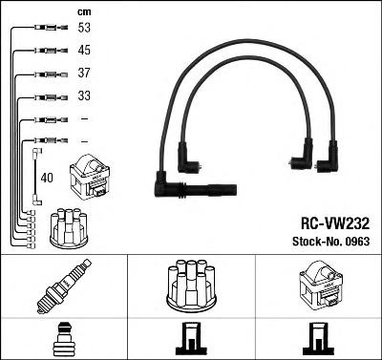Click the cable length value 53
click(x=84, y=28)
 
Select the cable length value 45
click(x=84, y=50)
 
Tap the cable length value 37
click(x=84, y=73)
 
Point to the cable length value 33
click(x=84, y=95)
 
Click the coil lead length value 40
click(x=47, y=178)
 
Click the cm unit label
click(x=84, y=12)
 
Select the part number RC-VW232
click(x=335, y=223)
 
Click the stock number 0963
click(x=356, y=242)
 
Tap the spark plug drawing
click(x=64, y=286)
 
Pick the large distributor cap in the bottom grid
click(x=191, y=286)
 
